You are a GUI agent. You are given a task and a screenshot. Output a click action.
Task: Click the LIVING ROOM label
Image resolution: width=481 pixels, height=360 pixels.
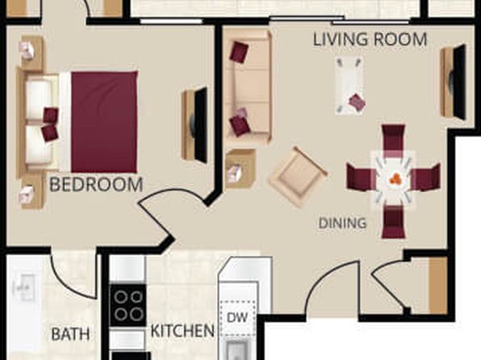click(370, 40)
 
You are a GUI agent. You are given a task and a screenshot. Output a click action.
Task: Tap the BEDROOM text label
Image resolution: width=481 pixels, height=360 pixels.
click(96, 185)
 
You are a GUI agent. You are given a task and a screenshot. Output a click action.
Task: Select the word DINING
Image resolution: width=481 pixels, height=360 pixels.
click(342, 223)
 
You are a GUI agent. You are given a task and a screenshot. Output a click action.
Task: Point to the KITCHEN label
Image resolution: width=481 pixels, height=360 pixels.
click(182, 331)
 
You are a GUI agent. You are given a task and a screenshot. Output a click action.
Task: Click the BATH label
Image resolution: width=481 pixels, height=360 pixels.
click(70, 334)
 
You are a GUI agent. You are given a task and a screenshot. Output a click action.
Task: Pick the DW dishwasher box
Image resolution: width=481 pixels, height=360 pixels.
click(237, 318)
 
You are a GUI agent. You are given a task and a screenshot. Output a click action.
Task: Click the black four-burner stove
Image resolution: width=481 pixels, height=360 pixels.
click(128, 305)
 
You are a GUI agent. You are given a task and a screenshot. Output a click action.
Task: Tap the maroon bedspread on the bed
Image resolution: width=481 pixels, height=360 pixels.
click(104, 122)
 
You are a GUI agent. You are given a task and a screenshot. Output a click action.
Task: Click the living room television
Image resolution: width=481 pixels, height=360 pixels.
click(454, 82)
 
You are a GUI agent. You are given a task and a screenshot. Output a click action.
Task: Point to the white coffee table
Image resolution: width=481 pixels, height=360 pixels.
click(349, 86)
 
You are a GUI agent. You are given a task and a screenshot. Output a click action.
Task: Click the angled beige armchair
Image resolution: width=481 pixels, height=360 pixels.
click(298, 177)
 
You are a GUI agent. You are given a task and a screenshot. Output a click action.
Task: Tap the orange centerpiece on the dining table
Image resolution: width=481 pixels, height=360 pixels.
click(395, 179)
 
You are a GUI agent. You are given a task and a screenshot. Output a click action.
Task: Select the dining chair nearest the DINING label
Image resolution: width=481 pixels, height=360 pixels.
click(393, 222)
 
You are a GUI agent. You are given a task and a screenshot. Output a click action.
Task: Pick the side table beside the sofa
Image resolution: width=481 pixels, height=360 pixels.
click(240, 170)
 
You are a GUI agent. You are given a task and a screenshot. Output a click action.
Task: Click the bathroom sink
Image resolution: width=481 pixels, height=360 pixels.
click(24, 287)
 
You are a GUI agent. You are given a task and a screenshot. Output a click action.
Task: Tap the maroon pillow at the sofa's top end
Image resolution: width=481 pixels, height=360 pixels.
click(239, 51)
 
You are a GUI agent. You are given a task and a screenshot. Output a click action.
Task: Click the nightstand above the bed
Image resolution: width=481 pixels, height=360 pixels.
click(32, 53)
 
